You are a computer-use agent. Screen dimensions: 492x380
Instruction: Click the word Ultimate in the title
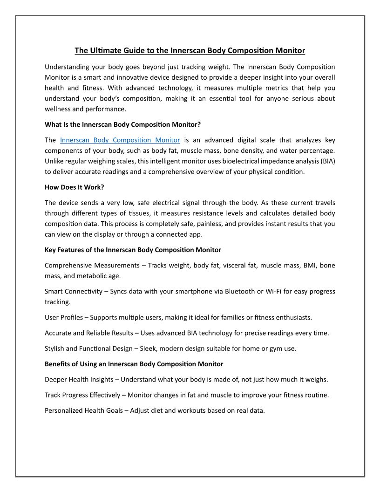coord(106,50)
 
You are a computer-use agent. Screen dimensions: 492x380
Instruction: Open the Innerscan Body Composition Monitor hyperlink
coord(120,140)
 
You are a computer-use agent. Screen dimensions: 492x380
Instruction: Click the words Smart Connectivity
coord(73,292)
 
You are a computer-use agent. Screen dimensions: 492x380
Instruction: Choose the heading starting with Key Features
coord(133,250)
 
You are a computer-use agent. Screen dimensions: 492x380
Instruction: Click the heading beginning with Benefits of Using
coord(134,364)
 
